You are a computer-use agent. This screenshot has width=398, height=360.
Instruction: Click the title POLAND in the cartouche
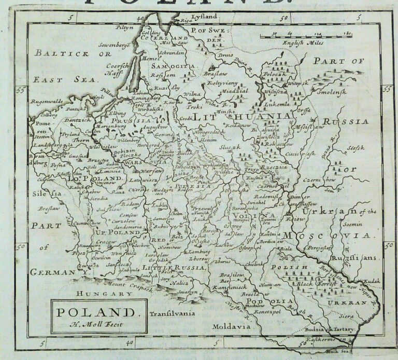pos(95,313)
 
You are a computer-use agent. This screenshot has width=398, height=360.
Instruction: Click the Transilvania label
pos(172,313)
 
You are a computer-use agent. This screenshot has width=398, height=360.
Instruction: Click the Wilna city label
pos(191,94)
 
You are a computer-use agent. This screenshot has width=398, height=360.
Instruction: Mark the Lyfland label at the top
pos(203,17)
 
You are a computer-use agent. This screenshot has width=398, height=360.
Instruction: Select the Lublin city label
pos(160,205)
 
